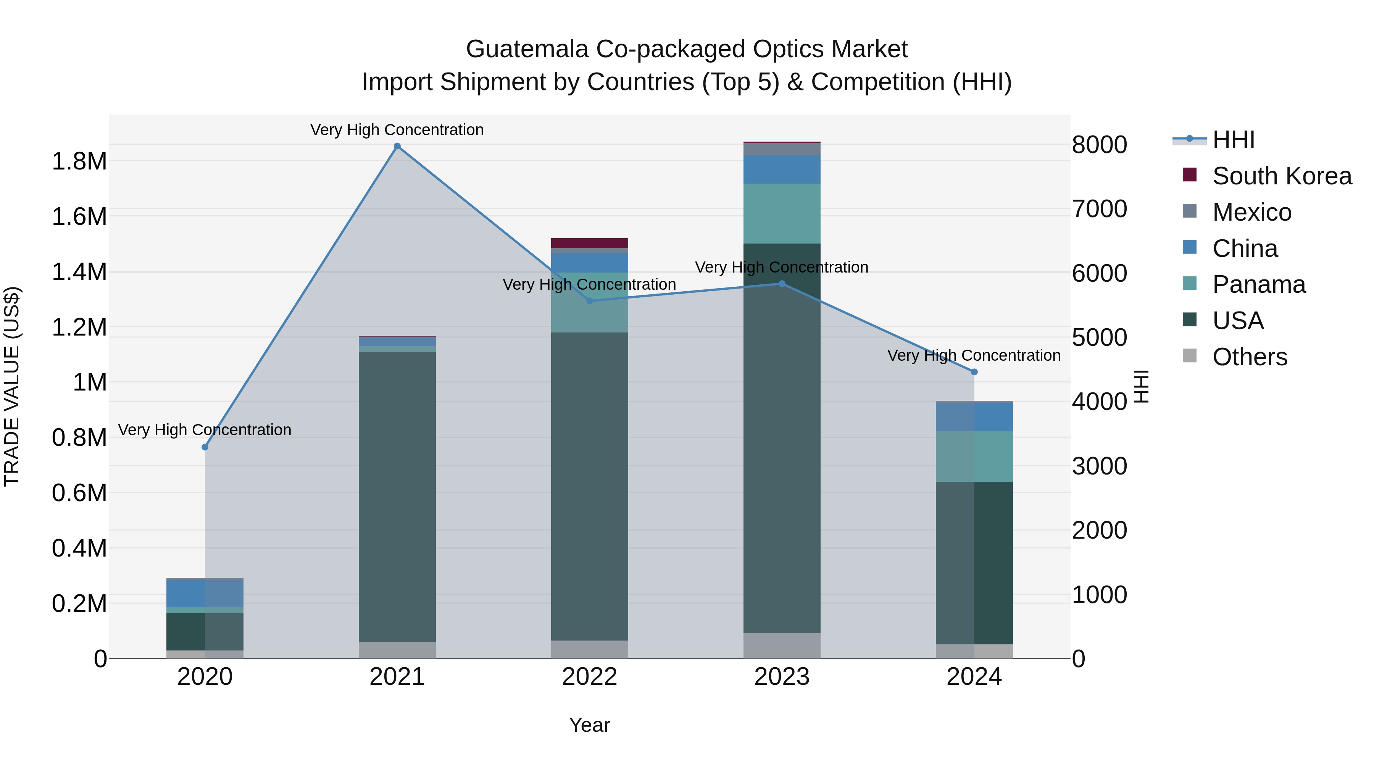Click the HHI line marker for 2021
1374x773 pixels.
397,146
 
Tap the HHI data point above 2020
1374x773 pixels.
205,447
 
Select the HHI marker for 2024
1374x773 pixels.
974,372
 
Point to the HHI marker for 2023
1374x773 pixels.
782,284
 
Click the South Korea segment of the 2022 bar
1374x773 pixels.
589,243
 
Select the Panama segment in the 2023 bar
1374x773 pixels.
782,213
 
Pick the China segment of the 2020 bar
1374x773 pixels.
205,593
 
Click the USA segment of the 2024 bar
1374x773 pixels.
974,563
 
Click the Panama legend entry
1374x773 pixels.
1259,284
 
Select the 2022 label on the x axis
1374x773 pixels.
589,677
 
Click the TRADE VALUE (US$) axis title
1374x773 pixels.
12,386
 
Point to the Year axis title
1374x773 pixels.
589,725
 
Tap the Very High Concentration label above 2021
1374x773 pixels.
397,130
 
